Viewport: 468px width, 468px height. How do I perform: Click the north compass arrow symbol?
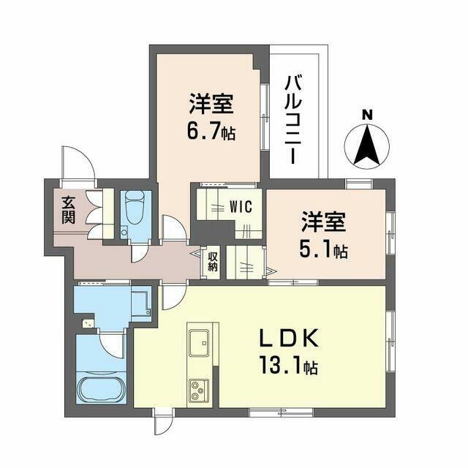point(367,146)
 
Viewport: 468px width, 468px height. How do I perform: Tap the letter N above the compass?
point(367,114)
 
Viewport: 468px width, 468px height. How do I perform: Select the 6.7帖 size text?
point(210,134)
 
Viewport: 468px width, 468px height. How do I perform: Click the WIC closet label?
point(241,207)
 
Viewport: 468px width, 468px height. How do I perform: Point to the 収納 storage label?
point(213,261)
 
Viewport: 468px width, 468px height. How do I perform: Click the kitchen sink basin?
point(200,341)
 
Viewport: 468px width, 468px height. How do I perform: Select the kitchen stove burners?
point(198,390)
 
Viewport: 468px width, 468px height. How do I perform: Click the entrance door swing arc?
point(78,162)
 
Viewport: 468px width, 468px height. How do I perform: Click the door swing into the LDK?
point(172,296)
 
